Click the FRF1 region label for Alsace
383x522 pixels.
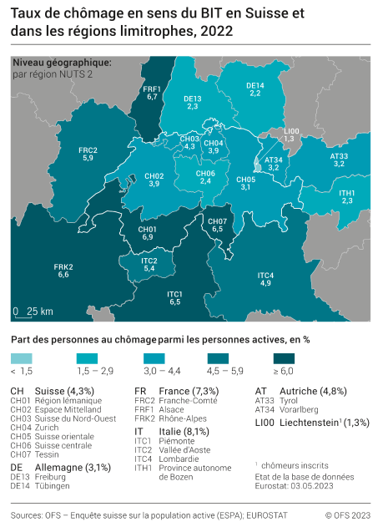pyautogui.click(x=152, y=93)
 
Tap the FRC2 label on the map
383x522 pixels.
pyautogui.click(x=88, y=154)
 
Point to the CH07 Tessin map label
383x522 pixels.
pyautogui.click(x=217, y=224)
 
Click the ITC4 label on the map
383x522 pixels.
pyautogui.click(x=265, y=279)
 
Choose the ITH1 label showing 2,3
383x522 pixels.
pyautogui.click(x=347, y=196)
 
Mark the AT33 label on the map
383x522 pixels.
pyautogui.click(x=339, y=160)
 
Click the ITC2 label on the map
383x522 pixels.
pyautogui.click(x=149, y=265)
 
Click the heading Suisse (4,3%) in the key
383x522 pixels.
pyautogui.click(x=63, y=391)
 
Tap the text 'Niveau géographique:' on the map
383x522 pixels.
pyautogui.click(x=62, y=63)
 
